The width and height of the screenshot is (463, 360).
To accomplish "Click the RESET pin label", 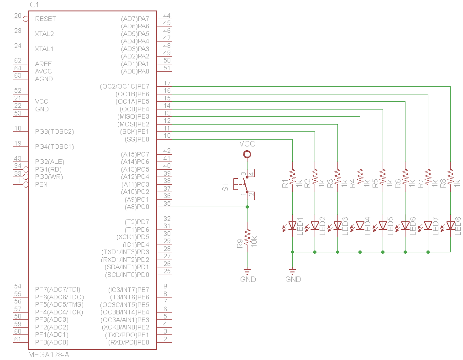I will point(45,19).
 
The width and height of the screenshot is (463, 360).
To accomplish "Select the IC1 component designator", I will point(35,4).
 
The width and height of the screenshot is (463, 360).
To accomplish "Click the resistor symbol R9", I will point(247,237).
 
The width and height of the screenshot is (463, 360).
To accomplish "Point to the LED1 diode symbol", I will point(292,225).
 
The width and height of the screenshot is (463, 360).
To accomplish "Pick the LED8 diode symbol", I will point(450,225).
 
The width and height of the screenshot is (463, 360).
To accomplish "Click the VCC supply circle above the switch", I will point(247,155).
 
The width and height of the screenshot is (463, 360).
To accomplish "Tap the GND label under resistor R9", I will point(247,279).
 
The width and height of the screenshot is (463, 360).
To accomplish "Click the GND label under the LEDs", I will point(293,279).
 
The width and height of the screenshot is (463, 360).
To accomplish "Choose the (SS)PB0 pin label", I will point(137,139).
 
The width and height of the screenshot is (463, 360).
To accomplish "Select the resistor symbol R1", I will point(292,176).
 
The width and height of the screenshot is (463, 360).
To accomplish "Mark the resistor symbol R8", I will point(450,176).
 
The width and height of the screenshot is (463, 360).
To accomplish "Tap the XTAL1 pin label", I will point(44,49).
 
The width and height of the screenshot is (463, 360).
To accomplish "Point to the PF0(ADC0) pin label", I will point(52,342).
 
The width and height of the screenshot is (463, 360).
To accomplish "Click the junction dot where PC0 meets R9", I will point(247,207).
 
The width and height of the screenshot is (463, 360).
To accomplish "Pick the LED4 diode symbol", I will point(360,225).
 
